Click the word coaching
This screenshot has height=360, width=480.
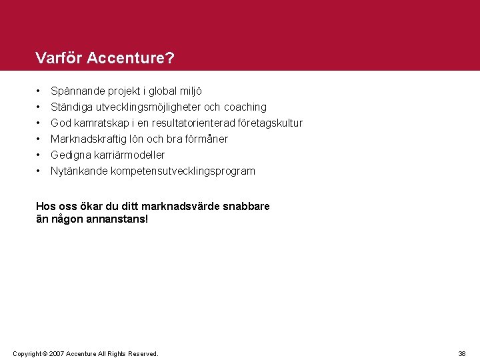pos(245,107)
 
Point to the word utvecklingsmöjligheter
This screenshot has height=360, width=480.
pos(148,107)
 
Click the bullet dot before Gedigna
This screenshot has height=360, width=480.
pos(39,155)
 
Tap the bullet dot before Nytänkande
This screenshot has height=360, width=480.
pos(39,171)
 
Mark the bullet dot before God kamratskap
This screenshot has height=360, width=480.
pos(39,123)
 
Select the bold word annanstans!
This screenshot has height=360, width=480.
pos(117,219)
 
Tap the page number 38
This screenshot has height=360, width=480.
pos(462,353)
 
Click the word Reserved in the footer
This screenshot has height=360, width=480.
pos(142,353)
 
